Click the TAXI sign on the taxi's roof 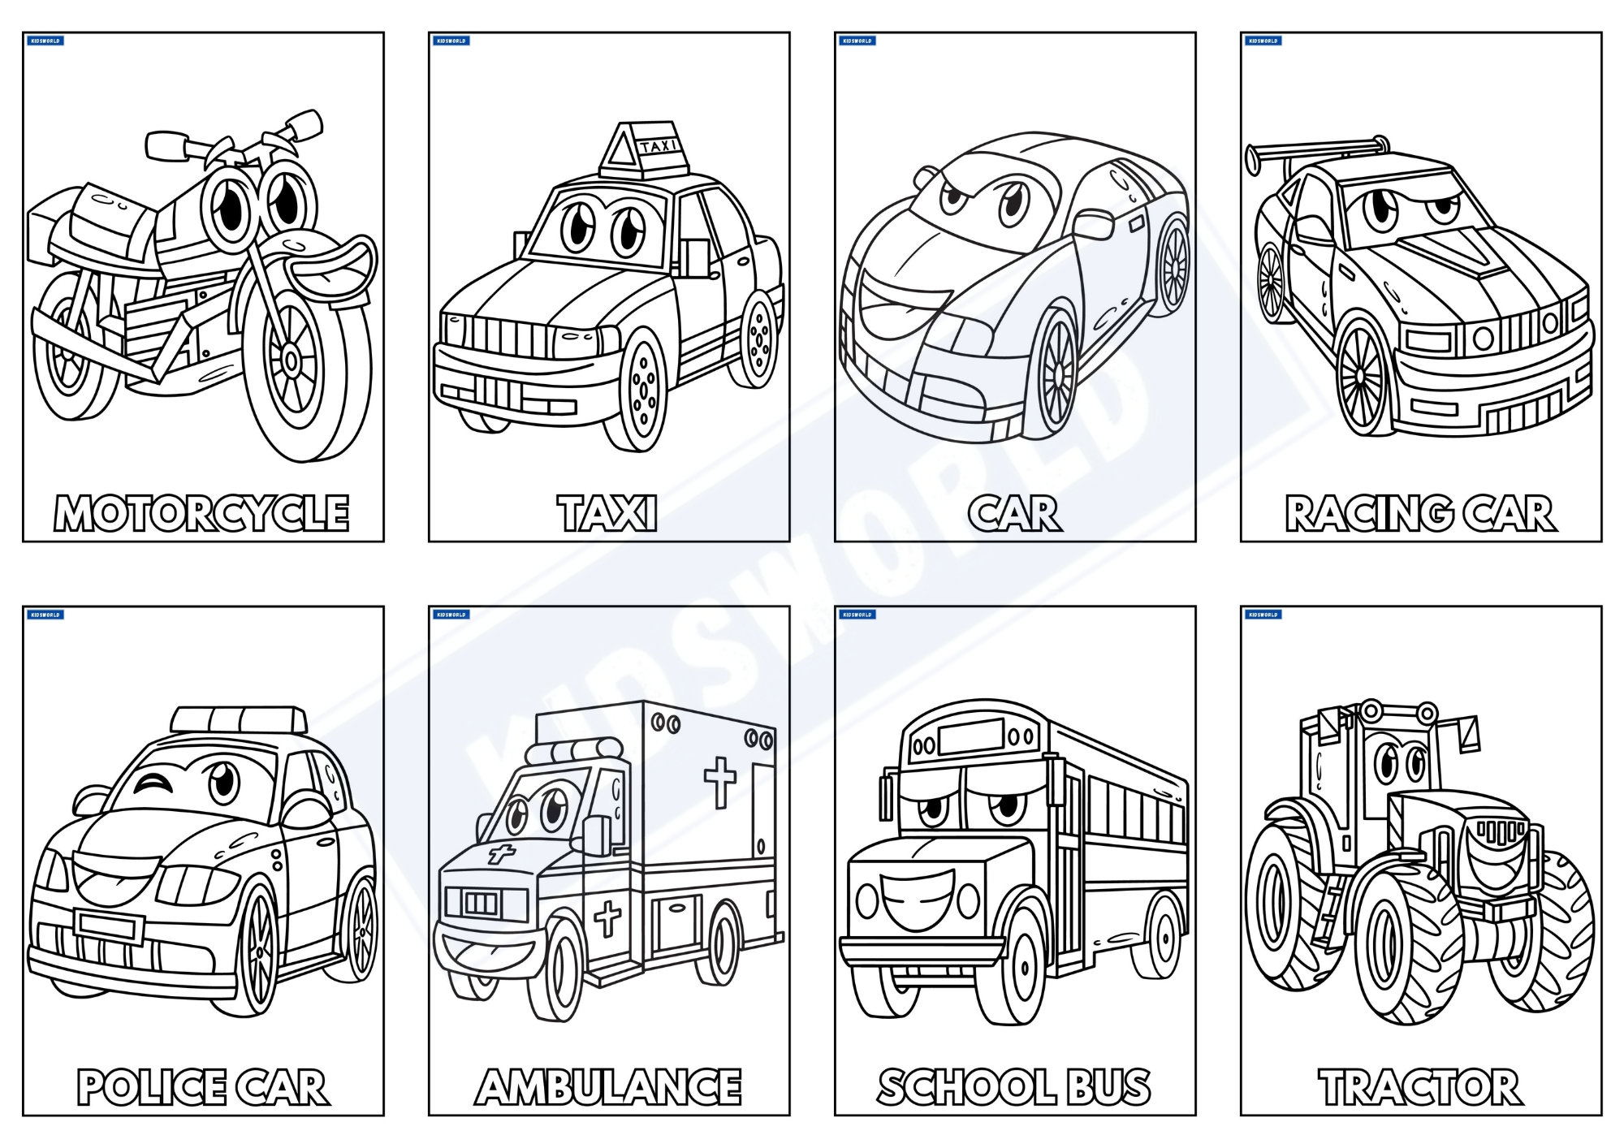tap(658, 147)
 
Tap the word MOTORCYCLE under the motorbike tap(202, 513)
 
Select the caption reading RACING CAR tap(1420, 513)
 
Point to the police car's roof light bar tap(240, 719)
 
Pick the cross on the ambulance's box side tap(719, 780)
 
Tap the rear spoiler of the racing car tap(1315, 149)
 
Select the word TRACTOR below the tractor tap(1420, 1088)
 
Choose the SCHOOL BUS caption tap(1014, 1088)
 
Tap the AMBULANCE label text tap(608, 1088)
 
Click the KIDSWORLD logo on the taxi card tap(451, 41)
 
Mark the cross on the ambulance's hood tap(501, 854)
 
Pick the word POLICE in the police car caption tap(152, 1088)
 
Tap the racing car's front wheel tap(1364, 375)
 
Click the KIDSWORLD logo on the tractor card tap(1263, 615)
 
